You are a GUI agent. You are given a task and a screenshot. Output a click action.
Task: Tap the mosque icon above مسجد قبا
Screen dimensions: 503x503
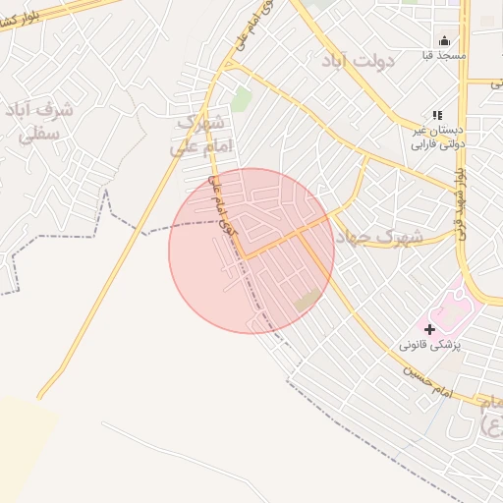pyautogui.click(x=444, y=41)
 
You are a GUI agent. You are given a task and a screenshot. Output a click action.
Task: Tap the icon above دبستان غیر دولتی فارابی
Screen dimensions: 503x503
pyautogui.click(x=436, y=115)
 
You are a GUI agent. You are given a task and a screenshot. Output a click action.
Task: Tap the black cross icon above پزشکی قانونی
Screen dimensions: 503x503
pyautogui.click(x=429, y=329)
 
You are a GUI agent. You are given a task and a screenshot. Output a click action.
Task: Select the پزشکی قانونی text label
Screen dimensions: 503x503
pyautogui.click(x=429, y=346)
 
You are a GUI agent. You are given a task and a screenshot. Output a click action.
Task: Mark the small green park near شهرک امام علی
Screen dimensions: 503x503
pyautogui.click(x=242, y=98)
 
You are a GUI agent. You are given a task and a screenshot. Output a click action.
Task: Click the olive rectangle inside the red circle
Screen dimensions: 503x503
pyautogui.click(x=307, y=300)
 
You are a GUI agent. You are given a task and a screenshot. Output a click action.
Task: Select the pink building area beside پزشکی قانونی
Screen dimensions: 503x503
pyautogui.click(x=454, y=311)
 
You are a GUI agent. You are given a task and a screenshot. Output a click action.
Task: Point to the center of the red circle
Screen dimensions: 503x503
pyautogui.click(x=251, y=251)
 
